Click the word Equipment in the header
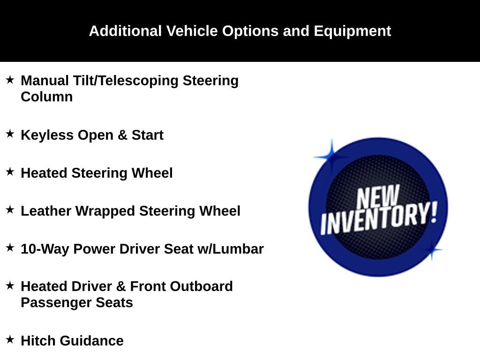pyautogui.click(x=352, y=31)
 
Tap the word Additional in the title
pyautogui.click(x=125, y=31)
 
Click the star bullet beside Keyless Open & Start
pyautogui.click(x=10, y=134)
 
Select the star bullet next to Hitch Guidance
pyautogui.click(x=10, y=339)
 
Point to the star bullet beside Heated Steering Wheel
pyautogui.click(x=10, y=172)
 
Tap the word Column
pyautogui.click(x=47, y=97)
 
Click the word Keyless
pyautogui.click(x=47, y=135)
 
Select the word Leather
pyautogui.click(x=46, y=211)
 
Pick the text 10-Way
pyautogui.click(x=45, y=249)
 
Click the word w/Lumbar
pyautogui.click(x=231, y=249)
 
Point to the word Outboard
pyautogui.click(x=202, y=286)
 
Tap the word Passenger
pyautogui.click(x=56, y=303)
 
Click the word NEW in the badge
pyautogui.click(x=378, y=196)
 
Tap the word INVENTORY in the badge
pyautogui.click(x=379, y=218)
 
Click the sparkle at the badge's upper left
pyautogui.click(x=331, y=157)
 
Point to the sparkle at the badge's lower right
pyautogui.click(x=432, y=250)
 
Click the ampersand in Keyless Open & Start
pyautogui.click(x=122, y=135)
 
